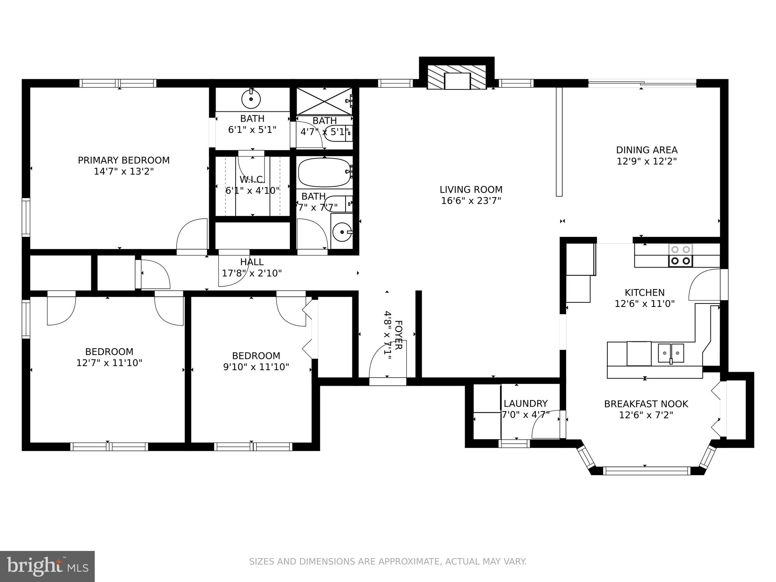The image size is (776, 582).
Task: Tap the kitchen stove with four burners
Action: [681, 255]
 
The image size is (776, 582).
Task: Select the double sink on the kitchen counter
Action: [671, 353]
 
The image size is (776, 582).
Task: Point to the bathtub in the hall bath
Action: [324, 173]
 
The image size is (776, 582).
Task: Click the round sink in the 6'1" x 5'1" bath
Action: [251, 100]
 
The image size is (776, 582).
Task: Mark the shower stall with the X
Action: [324, 100]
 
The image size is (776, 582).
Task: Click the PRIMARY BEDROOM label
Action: [124, 160]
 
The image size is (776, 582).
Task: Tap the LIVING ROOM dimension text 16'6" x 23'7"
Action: [471, 201]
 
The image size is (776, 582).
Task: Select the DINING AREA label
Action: [646, 150]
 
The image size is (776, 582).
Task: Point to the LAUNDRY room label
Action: [525, 404]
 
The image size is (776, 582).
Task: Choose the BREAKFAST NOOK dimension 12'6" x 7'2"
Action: [646, 415]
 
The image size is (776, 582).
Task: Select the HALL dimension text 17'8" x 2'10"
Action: [252, 273]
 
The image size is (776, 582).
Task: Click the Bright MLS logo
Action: [47, 566]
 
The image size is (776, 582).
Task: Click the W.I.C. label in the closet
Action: [252, 179]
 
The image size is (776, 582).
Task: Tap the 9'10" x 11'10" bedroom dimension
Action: [256, 367]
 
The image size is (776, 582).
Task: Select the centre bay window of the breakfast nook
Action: [646, 471]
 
